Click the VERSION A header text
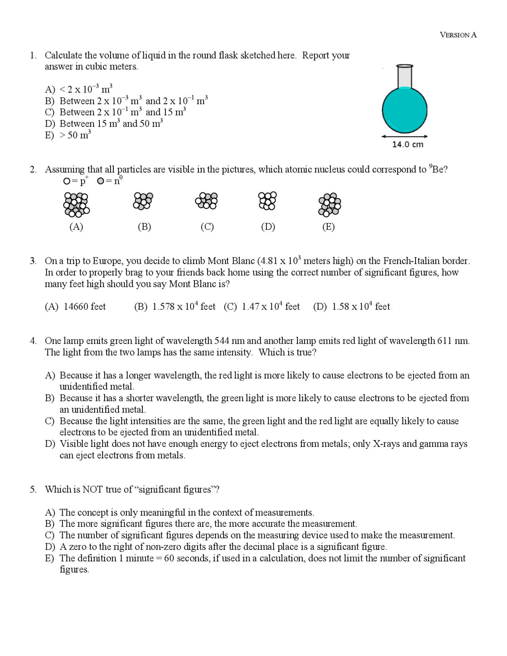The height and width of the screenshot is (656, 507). click(458, 35)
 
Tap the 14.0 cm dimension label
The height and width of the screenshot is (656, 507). click(408, 145)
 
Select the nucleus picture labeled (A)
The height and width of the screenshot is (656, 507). click(76, 204)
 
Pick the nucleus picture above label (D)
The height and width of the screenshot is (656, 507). click(267, 201)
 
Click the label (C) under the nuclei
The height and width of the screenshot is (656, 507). click(207, 227)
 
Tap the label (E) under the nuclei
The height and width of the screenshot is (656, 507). click(328, 227)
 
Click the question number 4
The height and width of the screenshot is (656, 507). click(33, 341)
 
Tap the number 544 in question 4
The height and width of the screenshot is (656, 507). click(222, 341)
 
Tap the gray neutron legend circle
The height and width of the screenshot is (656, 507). click(101, 181)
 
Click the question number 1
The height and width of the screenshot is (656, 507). click(33, 55)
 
